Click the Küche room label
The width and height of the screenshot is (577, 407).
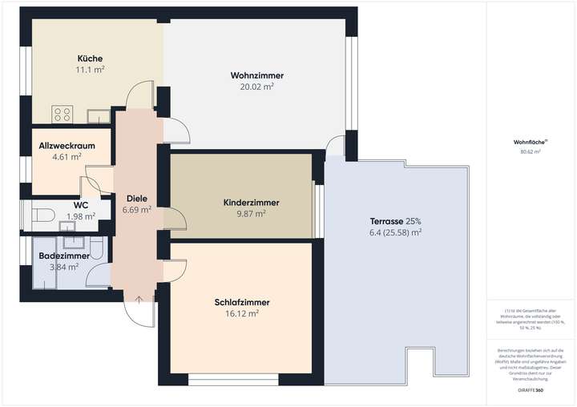[90, 58]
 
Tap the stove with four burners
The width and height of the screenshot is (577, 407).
[63, 114]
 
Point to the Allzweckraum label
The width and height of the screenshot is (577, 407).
[67, 147]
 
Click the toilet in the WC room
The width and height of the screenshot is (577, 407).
[43, 215]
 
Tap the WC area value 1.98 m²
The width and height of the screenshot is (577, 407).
[81, 216]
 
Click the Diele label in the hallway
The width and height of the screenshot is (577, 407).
[136, 199]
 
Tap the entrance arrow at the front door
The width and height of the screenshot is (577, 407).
[140, 300]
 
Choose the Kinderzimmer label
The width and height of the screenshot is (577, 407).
[251, 203]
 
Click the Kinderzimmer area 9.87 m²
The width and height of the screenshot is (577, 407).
[250, 214]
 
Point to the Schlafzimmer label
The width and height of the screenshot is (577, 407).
[242, 303]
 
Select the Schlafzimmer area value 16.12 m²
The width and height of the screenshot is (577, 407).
[242, 314]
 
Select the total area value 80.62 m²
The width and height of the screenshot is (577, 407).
[530, 151]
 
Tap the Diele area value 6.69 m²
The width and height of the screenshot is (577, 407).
[137, 210]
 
